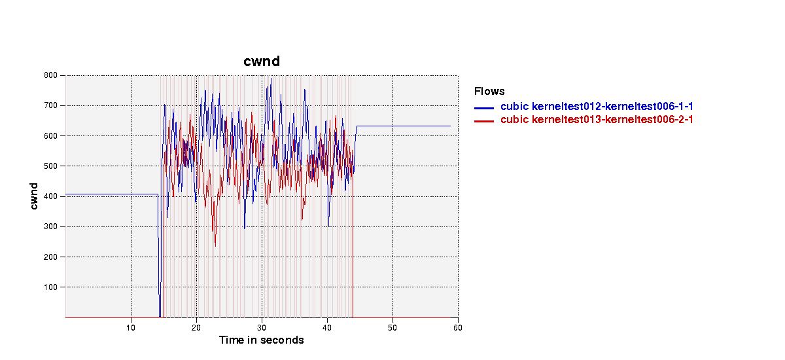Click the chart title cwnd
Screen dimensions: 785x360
(262, 62)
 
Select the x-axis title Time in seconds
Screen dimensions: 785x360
(261, 340)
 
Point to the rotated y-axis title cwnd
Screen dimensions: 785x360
(33, 196)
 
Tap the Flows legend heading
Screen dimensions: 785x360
(489, 92)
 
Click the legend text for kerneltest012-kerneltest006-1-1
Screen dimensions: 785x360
(597, 106)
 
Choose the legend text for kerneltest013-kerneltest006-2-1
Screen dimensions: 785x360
(597, 120)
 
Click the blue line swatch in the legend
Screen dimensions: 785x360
(484, 108)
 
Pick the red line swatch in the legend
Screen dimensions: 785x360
(484, 121)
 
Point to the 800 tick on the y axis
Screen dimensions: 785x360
(50, 75)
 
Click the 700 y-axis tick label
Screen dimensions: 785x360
(50, 105)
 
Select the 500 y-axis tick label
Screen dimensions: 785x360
(50, 166)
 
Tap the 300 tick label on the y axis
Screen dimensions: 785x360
(50, 226)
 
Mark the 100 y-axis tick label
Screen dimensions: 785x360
(50, 287)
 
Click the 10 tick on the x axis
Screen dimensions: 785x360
(131, 328)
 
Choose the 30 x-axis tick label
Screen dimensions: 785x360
(262, 328)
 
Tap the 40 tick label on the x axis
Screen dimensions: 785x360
(327, 328)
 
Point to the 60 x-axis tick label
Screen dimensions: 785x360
(458, 328)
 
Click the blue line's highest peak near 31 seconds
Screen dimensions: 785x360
(271, 79)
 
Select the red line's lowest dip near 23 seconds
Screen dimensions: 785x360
(215, 246)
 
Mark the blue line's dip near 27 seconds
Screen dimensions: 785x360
(244, 228)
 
